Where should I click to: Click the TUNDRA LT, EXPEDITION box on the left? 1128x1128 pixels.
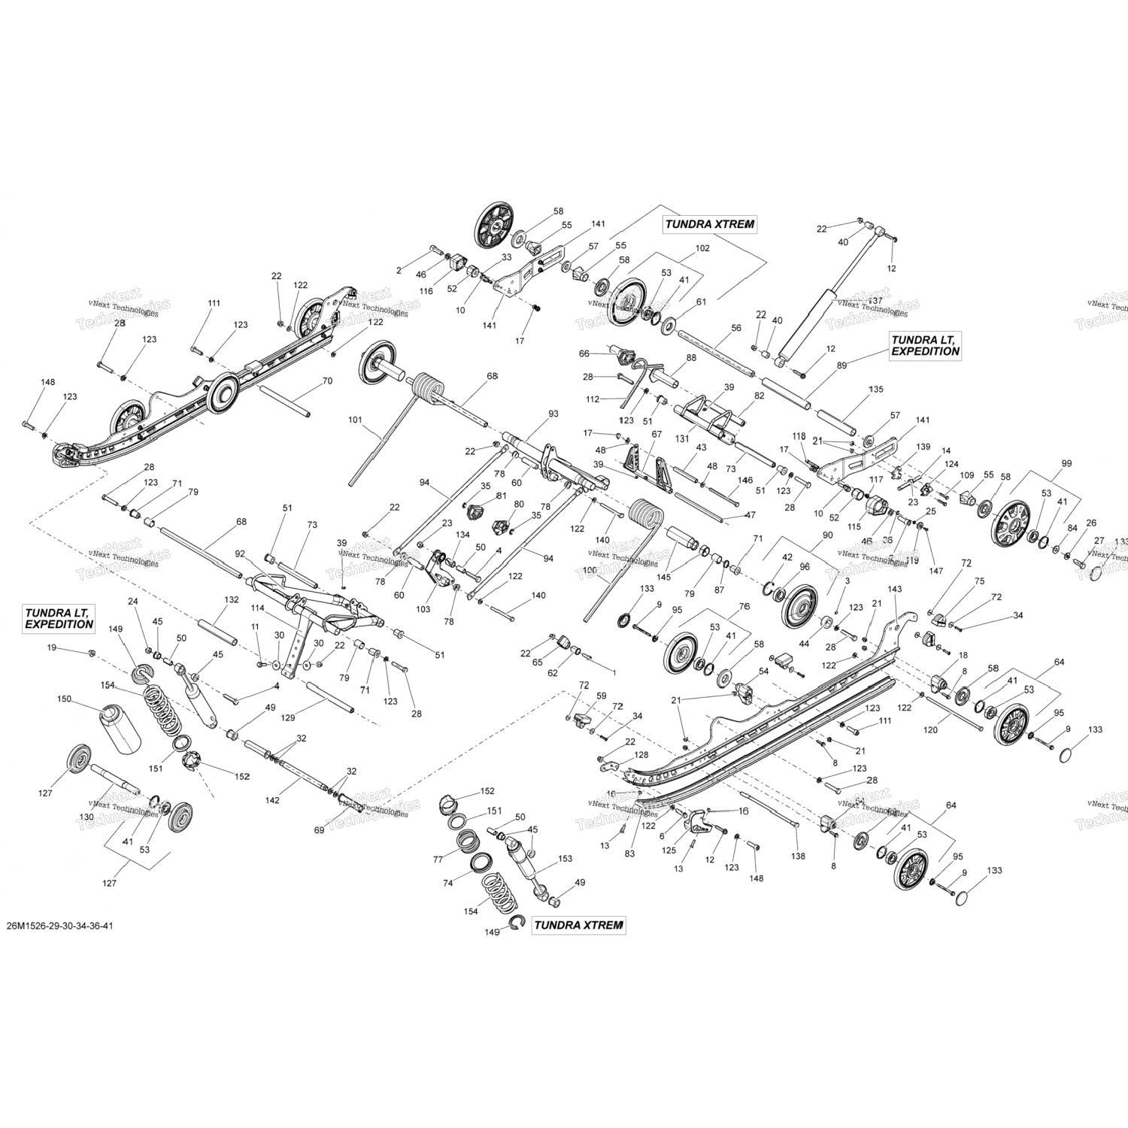click(59, 619)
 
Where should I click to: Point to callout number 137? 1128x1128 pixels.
click(875, 301)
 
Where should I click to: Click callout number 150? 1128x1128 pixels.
click(64, 699)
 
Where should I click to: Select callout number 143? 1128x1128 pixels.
click(894, 590)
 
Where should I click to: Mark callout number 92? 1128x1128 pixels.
click(240, 553)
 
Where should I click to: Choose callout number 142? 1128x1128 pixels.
click(271, 800)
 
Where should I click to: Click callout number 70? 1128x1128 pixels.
click(326, 381)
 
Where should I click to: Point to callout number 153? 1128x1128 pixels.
click(565, 858)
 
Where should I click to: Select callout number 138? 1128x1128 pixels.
click(798, 856)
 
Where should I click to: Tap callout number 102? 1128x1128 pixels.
click(702, 248)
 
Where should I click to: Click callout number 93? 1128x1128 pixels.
click(553, 414)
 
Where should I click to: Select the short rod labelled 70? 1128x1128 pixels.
click(286, 398)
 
